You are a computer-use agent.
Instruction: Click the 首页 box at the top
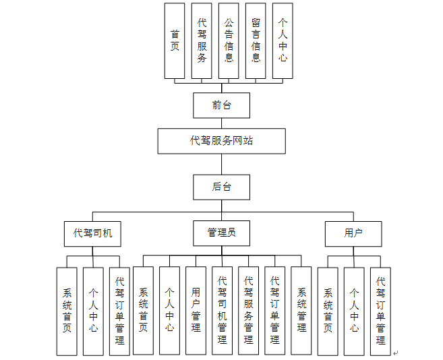click(175, 40)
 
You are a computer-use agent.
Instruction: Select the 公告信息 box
click(229, 40)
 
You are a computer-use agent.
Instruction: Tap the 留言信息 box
click(256, 40)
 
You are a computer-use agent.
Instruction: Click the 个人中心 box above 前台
click(283, 40)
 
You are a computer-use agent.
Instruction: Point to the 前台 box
click(221, 105)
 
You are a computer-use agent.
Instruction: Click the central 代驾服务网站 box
click(221, 141)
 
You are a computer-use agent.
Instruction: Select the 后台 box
click(221, 187)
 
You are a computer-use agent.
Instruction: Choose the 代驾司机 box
click(93, 233)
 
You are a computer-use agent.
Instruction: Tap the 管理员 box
click(221, 233)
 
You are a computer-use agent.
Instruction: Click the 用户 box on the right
click(353, 233)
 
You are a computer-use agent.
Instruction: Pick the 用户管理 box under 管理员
click(196, 310)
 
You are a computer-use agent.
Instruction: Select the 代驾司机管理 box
click(222, 310)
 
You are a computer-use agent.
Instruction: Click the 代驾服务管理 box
click(248, 310)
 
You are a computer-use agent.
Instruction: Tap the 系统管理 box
click(301, 310)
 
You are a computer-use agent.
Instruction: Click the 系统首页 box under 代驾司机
click(67, 310)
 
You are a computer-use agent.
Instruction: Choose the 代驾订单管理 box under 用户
click(380, 310)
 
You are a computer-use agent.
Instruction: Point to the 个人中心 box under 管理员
click(169, 310)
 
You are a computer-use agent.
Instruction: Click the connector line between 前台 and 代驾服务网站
click(221, 123)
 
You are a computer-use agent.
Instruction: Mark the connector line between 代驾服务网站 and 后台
click(221, 164)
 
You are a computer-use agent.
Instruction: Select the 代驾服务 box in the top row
click(202, 40)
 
